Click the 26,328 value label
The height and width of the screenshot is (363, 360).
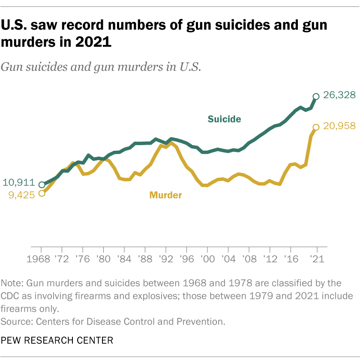tap(339, 95)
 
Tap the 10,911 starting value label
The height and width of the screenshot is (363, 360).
tap(18, 182)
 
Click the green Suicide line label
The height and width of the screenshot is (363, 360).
tap(224, 119)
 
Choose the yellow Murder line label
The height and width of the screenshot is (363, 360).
tap(165, 195)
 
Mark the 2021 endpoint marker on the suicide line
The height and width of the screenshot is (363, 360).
tap(316, 96)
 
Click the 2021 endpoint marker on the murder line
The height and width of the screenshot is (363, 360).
tap(316, 127)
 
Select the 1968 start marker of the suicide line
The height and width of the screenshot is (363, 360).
tap(42, 185)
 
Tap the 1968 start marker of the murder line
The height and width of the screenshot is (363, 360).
tap(42, 193)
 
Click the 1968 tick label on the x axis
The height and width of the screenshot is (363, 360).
tap(42, 260)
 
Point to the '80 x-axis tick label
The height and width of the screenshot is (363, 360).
tap(103, 260)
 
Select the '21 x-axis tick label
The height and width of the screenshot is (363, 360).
tap(316, 260)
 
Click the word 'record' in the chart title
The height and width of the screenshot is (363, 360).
tap(78, 26)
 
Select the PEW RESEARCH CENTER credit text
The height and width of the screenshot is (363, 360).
tap(57, 341)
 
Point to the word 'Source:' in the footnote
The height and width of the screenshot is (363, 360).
tap(17, 321)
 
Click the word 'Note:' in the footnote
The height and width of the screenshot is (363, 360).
tap(13, 283)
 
